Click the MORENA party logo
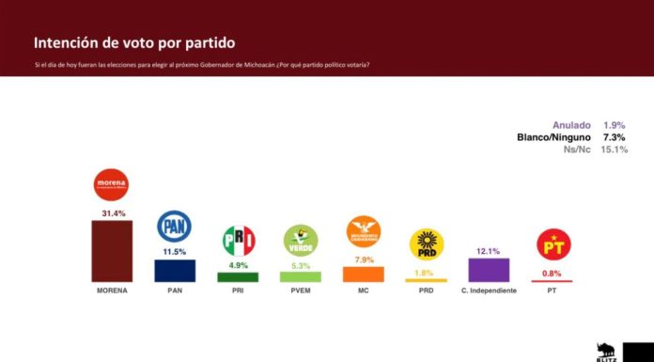pos(112,184)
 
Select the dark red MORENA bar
pos(112,251)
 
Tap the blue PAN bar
pos(175,271)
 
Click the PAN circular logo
pos(175,226)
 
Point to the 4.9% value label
pos(238,265)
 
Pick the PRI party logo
pos(238,241)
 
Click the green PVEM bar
pos(301,277)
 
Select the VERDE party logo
pos(301,240)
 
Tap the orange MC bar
pos(364,275)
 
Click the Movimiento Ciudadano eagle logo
pos(364,231)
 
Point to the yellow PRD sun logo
pos(426,244)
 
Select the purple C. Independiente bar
pos(489,271)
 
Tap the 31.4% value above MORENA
pos(112,212)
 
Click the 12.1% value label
pos(489,251)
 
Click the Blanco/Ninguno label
pos(553,136)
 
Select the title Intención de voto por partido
pos(134,43)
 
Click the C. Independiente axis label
pos(489,291)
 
